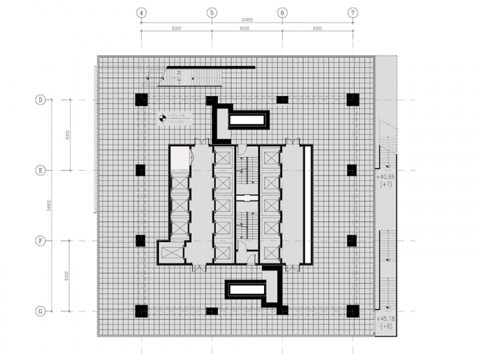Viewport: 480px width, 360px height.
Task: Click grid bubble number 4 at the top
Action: [x=141, y=12]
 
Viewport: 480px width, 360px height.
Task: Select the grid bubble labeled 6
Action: [x=282, y=12]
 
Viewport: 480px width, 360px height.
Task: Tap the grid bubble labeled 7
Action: [x=352, y=12]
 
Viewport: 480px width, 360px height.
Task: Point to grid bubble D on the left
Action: [x=40, y=99]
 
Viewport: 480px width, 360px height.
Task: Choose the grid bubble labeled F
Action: [x=40, y=241]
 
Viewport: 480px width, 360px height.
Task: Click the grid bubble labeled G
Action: [x=40, y=311]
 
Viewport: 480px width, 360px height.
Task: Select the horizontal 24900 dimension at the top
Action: [x=246, y=21]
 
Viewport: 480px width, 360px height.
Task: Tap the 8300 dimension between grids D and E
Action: [x=67, y=135]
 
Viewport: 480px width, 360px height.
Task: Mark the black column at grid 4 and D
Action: [x=141, y=99]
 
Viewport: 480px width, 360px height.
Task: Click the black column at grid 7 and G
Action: [x=352, y=311]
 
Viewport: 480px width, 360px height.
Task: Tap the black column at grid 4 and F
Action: [x=141, y=241]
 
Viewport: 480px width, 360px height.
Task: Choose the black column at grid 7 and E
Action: [x=352, y=170]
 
